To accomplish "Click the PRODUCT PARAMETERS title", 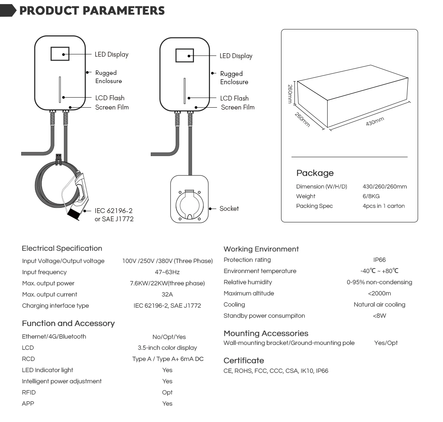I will pyautogui.click(x=92, y=10).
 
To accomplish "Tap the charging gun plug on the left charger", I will pyautogui.click(x=79, y=196).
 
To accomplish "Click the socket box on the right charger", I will pyautogui.click(x=189, y=199).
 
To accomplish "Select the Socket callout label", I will pyautogui.click(x=229, y=209).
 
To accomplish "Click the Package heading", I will pyautogui.click(x=315, y=173).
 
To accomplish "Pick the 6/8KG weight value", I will pyautogui.click(x=371, y=196).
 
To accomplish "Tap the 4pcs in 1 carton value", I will pyautogui.click(x=383, y=206).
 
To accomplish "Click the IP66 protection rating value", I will pyautogui.click(x=379, y=260).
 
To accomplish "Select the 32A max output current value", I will pyautogui.click(x=167, y=295).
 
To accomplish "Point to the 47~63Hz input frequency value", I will pyautogui.click(x=167, y=272).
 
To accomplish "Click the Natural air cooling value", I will pyautogui.click(x=379, y=305).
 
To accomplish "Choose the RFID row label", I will pyautogui.click(x=29, y=393).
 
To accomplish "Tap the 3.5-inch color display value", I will pyautogui.click(x=167, y=348).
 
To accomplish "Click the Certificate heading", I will pyautogui.click(x=243, y=361).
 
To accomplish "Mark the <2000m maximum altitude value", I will pyautogui.click(x=379, y=294).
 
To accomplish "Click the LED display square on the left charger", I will pyautogui.click(x=60, y=54).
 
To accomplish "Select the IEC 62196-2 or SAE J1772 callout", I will pyautogui.click(x=114, y=215).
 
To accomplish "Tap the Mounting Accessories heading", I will pyautogui.click(x=266, y=333).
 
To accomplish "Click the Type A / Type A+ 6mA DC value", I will pyautogui.click(x=168, y=359).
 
